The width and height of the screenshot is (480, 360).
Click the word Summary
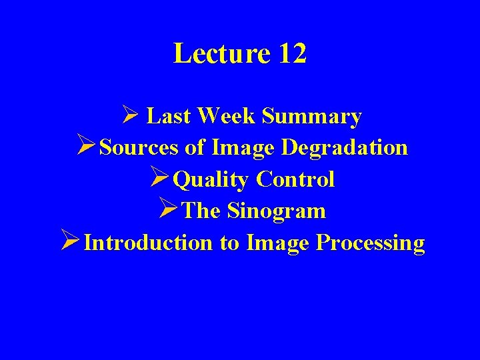coord(312,117)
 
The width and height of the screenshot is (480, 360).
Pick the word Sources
coord(139,147)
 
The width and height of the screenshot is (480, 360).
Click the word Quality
coord(211,180)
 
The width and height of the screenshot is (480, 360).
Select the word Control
coord(295,179)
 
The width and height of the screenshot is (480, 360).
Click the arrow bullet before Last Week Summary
coord(130,116)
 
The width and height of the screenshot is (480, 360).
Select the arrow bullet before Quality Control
coord(160,179)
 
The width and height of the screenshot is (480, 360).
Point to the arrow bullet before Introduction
coord(71,242)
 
